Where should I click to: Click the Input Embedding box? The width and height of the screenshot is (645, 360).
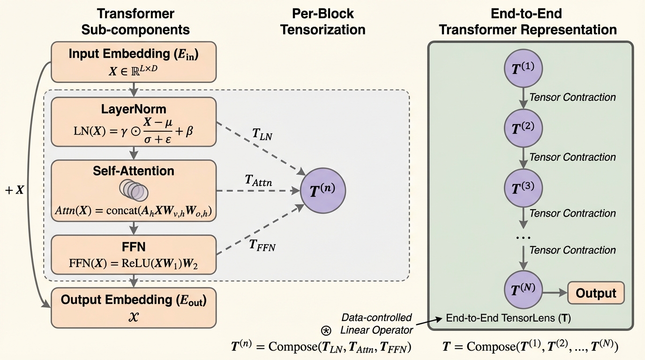pos(134,61)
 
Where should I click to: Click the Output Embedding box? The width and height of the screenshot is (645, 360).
pos(134,307)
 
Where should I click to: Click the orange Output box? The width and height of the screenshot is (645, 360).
pos(596,292)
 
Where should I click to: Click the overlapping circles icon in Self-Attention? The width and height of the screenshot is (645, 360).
pos(134,189)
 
